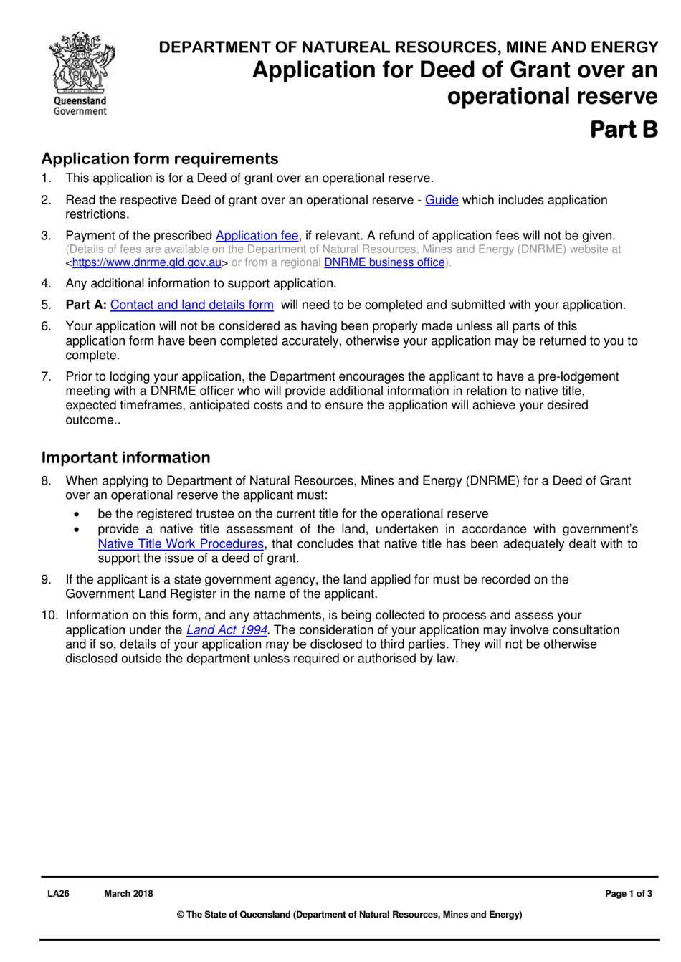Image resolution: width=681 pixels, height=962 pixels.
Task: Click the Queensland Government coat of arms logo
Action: [80, 73]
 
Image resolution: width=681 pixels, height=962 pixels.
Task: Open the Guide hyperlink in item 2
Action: [442, 200]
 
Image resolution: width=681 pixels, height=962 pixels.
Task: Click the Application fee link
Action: [257, 236]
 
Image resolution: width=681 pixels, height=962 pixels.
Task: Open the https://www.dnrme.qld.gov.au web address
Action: [147, 262]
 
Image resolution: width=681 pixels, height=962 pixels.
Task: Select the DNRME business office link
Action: [384, 262]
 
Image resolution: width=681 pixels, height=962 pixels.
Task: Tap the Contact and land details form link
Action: [192, 305]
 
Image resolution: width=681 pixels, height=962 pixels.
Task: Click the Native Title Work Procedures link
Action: [181, 544]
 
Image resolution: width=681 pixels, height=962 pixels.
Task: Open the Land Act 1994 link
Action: [227, 630]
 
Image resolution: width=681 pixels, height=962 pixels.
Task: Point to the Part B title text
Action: [624, 130]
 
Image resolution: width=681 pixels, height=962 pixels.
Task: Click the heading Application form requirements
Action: [160, 158]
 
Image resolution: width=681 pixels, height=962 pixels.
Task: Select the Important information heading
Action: [126, 457]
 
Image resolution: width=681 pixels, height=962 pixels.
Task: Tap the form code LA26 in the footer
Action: [58, 894]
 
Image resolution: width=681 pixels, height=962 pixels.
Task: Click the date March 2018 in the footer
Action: [128, 894]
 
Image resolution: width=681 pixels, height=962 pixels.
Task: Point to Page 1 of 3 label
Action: [628, 894]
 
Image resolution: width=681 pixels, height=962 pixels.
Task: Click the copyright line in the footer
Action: [349, 915]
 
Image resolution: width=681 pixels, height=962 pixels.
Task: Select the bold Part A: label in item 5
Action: [86, 305]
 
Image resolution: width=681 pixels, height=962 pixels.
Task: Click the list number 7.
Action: [46, 377]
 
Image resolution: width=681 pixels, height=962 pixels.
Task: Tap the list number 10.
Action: [49, 616]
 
